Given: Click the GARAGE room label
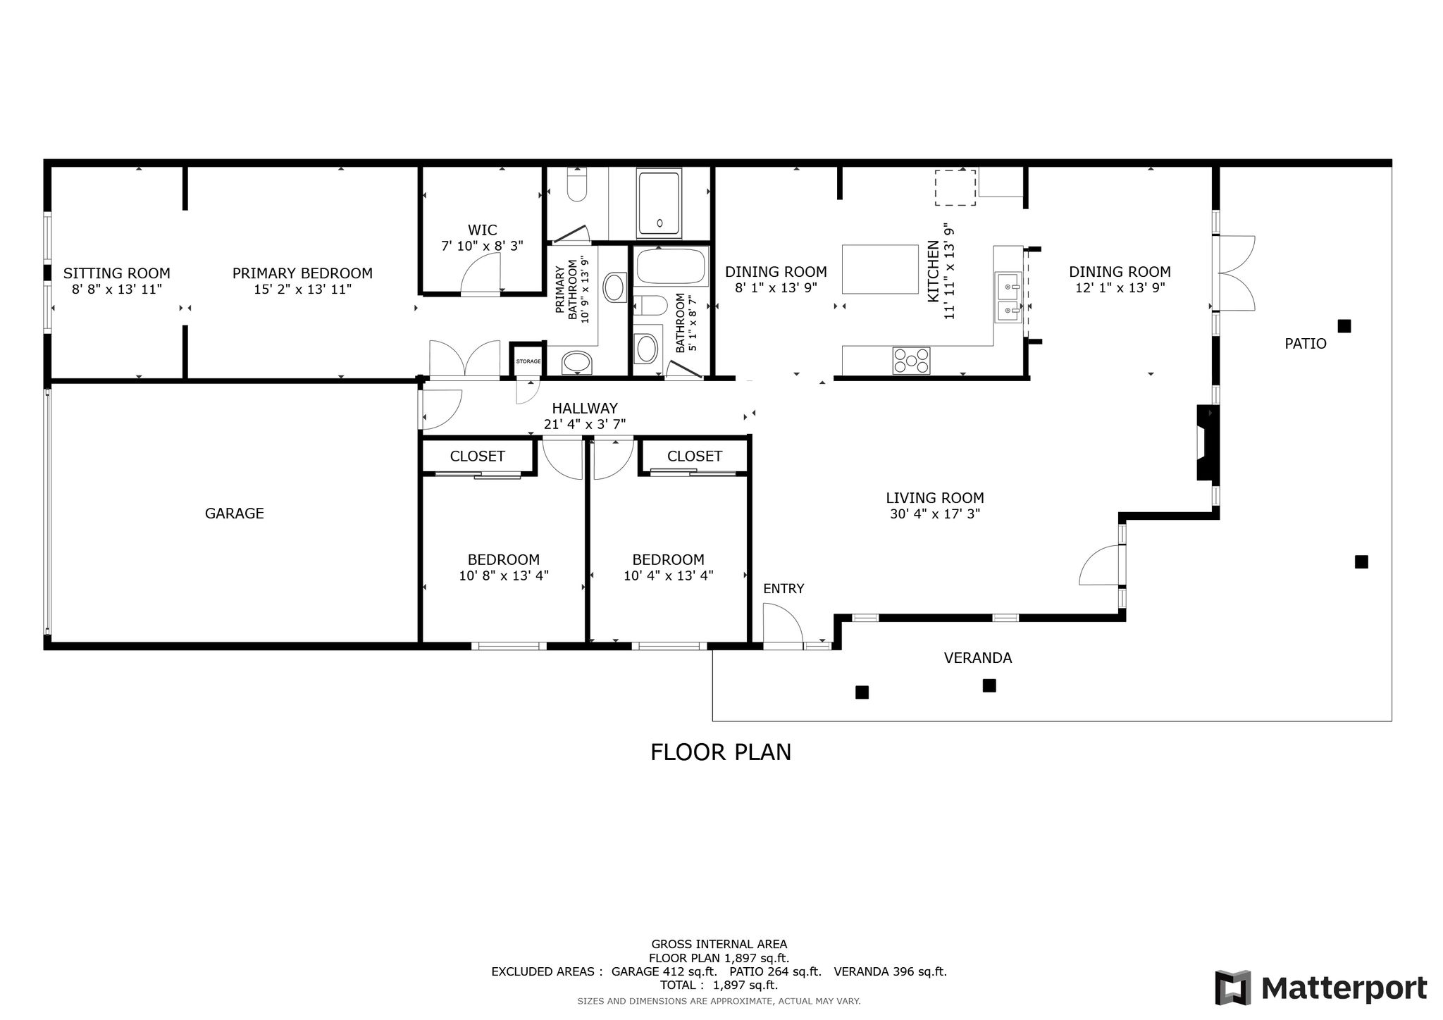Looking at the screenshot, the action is tap(235, 514).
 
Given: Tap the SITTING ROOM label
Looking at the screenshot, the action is tap(117, 273).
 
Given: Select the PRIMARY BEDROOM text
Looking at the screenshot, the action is tap(303, 273).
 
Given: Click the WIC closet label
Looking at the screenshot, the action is tap(483, 230).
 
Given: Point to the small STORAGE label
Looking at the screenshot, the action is tap(528, 361).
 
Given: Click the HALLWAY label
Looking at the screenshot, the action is tap(585, 409).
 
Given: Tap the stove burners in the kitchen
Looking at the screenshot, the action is tap(911, 361).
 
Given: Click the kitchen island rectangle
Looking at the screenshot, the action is tap(880, 268).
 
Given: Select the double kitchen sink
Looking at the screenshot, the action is tap(1008, 298).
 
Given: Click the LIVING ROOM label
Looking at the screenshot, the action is tap(935, 498).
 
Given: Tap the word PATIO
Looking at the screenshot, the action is tap(1306, 344).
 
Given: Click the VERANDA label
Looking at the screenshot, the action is tap(978, 658).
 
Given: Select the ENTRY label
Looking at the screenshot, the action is tap(784, 589).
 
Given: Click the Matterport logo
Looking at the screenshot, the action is tap(1321, 988).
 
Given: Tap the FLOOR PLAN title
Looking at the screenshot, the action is tap(721, 752).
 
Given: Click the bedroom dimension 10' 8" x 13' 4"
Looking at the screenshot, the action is tap(504, 576).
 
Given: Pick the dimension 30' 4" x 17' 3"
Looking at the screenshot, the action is tap(935, 514).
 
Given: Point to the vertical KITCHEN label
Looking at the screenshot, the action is tap(933, 272).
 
